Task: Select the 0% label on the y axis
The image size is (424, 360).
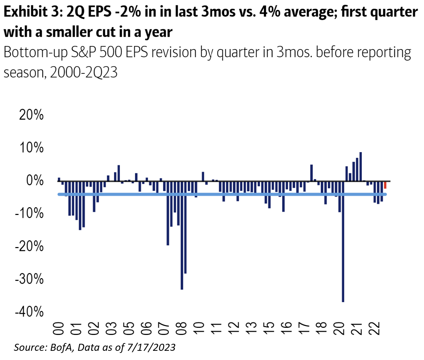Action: (35, 181)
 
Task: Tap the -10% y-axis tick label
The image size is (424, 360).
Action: (29, 214)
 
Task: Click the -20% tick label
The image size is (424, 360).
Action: (29, 246)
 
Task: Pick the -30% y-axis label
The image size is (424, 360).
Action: (29, 279)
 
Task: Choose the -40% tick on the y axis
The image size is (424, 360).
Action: (29, 312)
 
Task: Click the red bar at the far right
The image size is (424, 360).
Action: (385, 185)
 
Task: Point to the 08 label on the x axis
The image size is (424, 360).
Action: (182, 328)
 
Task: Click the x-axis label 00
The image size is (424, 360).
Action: (59, 328)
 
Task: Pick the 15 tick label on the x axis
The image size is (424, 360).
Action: (270, 328)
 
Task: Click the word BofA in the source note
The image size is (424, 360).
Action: (60, 348)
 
